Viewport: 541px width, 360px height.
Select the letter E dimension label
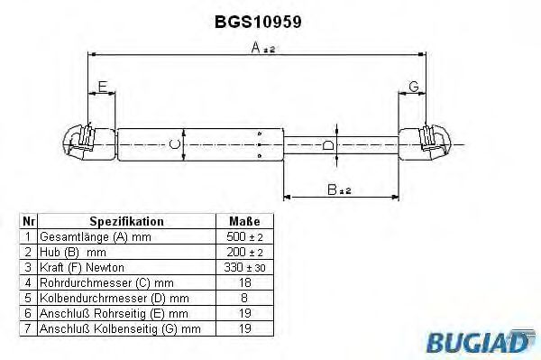pos(102,87)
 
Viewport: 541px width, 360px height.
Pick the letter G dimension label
pos(413,87)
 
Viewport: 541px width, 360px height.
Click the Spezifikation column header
pos(126,221)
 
